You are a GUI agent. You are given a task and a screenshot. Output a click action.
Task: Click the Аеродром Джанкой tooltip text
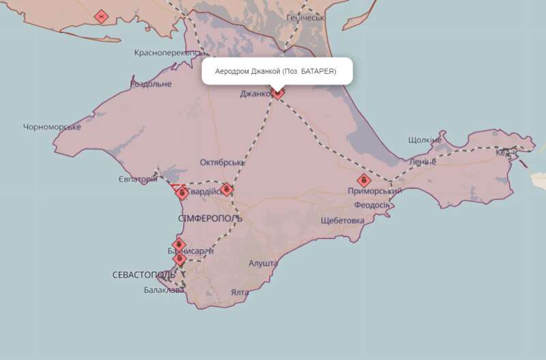pyautogui.click(x=276, y=71)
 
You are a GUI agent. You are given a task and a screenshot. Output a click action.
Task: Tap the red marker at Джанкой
pyautogui.click(x=278, y=92)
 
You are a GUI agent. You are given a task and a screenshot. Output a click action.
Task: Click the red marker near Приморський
pyautogui.click(x=364, y=180)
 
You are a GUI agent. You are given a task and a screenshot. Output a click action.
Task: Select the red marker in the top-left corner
pyautogui.click(x=102, y=15)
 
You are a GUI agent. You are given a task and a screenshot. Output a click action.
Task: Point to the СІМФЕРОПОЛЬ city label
pyautogui.click(x=210, y=218)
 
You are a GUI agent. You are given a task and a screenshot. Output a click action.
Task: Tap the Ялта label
pyautogui.click(x=240, y=292)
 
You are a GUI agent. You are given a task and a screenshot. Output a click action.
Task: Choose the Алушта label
pyautogui.click(x=263, y=263)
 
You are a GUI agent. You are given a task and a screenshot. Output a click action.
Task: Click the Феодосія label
pyautogui.click(x=371, y=205)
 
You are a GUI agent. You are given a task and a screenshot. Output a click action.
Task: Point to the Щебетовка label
pyautogui.click(x=343, y=220)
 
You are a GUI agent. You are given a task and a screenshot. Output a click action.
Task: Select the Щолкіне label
pyautogui.click(x=425, y=140)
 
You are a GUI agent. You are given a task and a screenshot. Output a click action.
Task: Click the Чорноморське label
pyautogui.click(x=52, y=127)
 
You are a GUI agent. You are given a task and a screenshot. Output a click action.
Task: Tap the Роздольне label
pyautogui.click(x=151, y=84)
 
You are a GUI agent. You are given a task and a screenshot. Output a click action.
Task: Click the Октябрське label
pyautogui.click(x=222, y=163)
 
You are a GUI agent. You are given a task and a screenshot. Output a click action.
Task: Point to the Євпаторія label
pyautogui.click(x=137, y=180)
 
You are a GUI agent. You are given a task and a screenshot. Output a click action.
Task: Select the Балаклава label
pyautogui.click(x=164, y=290)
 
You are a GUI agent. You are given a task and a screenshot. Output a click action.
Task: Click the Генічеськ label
pyautogui.click(x=305, y=18)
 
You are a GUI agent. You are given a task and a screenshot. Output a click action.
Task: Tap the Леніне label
pyautogui.click(x=422, y=162)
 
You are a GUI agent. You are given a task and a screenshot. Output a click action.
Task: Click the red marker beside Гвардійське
pyautogui.click(x=227, y=189)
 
